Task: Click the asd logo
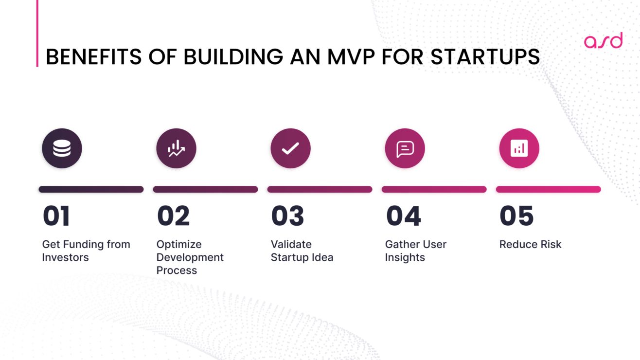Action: pyautogui.click(x=603, y=41)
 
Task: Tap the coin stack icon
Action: pyautogui.click(x=62, y=148)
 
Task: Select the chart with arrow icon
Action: pyautogui.click(x=176, y=148)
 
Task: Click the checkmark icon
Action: pyautogui.click(x=290, y=148)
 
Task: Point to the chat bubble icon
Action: pyautogui.click(x=405, y=148)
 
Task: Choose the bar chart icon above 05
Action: pyautogui.click(x=519, y=148)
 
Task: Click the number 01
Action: pyautogui.click(x=56, y=216)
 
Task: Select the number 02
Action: pyautogui.click(x=173, y=216)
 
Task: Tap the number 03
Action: pyautogui.click(x=287, y=216)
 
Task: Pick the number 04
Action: pyautogui.click(x=403, y=216)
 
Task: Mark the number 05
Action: pyautogui.click(x=516, y=216)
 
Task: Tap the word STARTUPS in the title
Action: pyautogui.click(x=485, y=57)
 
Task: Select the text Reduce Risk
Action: pyautogui.click(x=530, y=244)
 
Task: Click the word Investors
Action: pyautogui.click(x=65, y=257)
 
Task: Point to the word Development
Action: pyautogui.click(x=190, y=257)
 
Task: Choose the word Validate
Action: pyautogui.click(x=291, y=244)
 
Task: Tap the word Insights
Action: pyautogui.click(x=405, y=257)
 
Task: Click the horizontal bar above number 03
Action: pyautogui.click(x=320, y=189)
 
